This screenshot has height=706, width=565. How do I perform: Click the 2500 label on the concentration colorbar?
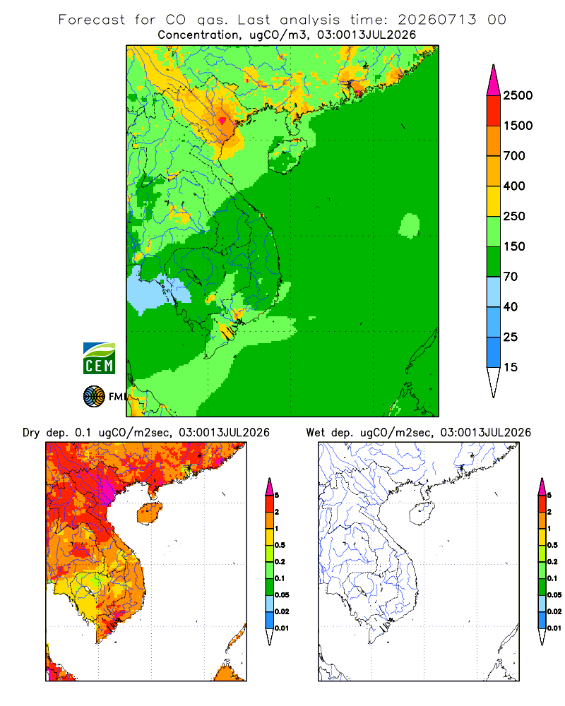[518, 95]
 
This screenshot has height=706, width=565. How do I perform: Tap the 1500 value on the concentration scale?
[518, 126]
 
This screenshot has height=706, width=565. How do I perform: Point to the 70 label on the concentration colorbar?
[510, 277]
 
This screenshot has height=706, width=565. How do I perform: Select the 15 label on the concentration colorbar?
[510, 367]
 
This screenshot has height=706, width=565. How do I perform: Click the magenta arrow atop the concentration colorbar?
[494, 81]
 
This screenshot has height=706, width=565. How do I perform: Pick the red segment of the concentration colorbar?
[494, 111]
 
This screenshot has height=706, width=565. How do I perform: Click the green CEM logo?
[99, 359]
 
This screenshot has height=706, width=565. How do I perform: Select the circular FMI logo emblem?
[94, 396]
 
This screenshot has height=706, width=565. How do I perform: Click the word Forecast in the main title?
[92, 20]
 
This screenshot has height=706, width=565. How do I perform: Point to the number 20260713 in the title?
[436, 20]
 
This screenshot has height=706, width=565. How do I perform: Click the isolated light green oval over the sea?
[410, 226]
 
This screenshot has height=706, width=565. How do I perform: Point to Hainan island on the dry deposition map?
[149, 513]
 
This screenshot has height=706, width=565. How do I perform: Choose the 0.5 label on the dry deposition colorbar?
[280, 545]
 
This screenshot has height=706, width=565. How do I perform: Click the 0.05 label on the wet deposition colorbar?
[554, 595]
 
